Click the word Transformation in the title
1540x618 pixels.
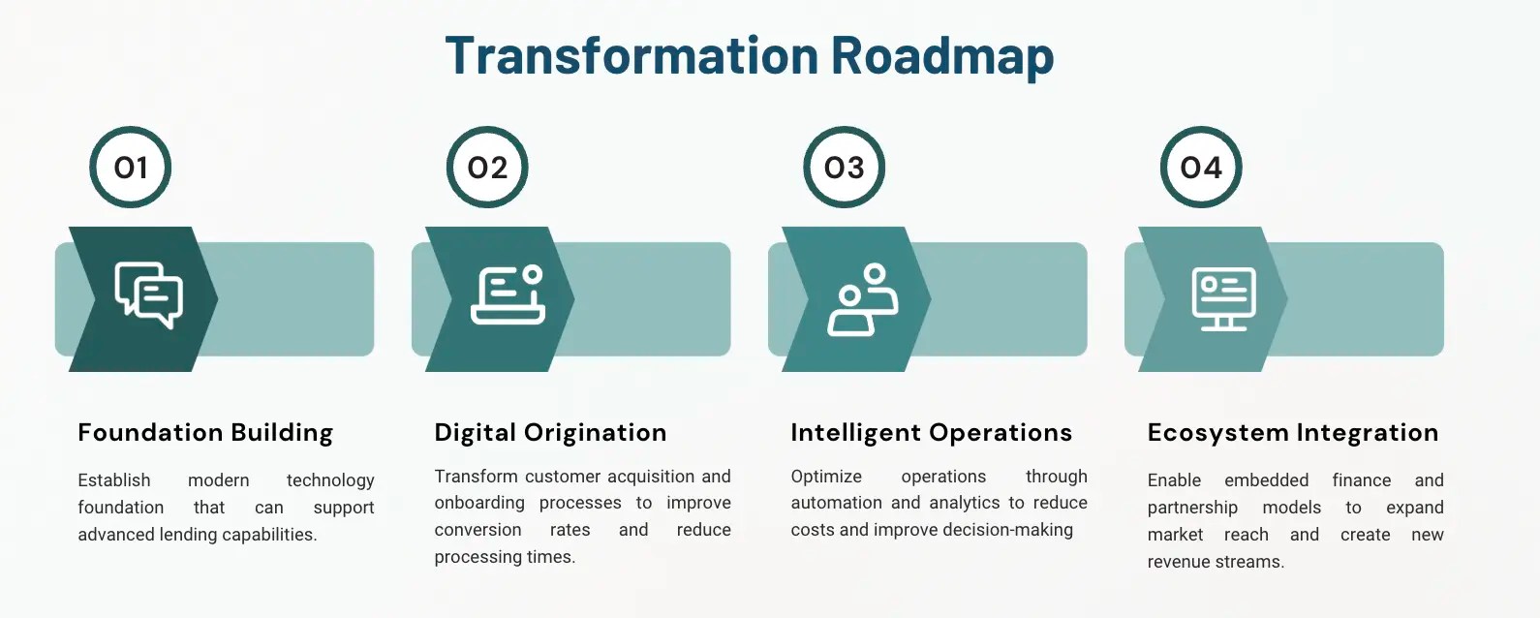click(x=631, y=55)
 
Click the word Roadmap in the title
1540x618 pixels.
click(x=941, y=55)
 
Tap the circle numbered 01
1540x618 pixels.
click(x=131, y=168)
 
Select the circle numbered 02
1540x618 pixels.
click(x=487, y=168)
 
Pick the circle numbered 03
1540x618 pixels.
click(x=845, y=168)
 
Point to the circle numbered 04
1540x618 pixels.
click(x=1201, y=168)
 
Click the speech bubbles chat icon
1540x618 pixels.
click(x=149, y=295)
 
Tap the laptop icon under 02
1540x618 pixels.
click(x=508, y=295)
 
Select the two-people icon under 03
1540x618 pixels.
click(x=862, y=299)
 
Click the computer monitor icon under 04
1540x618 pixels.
click(x=1223, y=298)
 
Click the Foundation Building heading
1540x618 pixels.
click(x=205, y=432)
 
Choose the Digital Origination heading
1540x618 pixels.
click(x=550, y=432)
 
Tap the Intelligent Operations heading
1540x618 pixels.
click(x=931, y=432)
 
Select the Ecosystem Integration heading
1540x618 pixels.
click(x=1293, y=432)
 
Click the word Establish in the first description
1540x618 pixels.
click(x=114, y=480)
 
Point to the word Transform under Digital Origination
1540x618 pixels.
click(x=477, y=477)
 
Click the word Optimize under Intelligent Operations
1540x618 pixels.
click(x=826, y=477)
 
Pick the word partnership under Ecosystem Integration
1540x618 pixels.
click(x=1192, y=508)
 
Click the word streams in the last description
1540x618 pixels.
click(x=1253, y=562)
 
